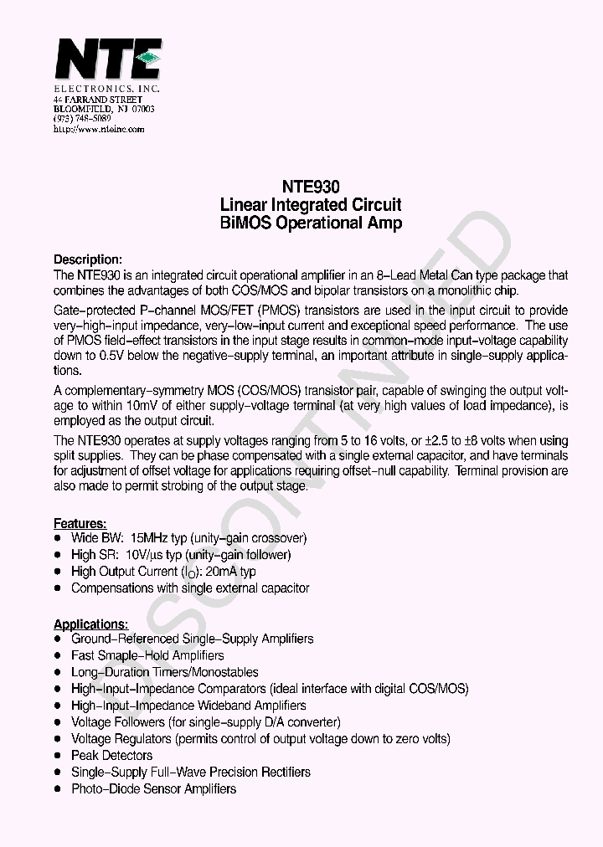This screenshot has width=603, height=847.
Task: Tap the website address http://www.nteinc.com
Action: pyautogui.click(x=99, y=129)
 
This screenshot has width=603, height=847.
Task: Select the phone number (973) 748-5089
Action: pyautogui.click(x=82, y=119)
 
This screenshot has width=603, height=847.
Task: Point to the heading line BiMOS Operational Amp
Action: pyautogui.click(x=310, y=223)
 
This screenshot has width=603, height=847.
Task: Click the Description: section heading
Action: pyautogui.click(x=88, y=259)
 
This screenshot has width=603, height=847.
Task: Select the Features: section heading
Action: pyautogui.click(x=80, y=523)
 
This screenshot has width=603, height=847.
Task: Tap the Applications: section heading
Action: pyautogui.click(x=91, y=624)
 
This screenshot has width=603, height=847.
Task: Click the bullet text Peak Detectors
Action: pyautogui.click(x=111, y=756)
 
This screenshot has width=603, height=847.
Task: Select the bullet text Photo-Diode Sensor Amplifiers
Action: pyautogui.click(x=153, y=789)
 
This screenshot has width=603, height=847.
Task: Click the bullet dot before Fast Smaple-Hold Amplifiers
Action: pyautogui.click(x=57, y=655)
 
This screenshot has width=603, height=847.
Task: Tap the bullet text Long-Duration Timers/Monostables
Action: pyautogui.click(x=164, y=672)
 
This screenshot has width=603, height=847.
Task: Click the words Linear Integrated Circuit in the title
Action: pyautogui.click(x=310, y=205)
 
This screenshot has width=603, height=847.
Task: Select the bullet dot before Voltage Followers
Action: pyautogui.click(x=57, y=722)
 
